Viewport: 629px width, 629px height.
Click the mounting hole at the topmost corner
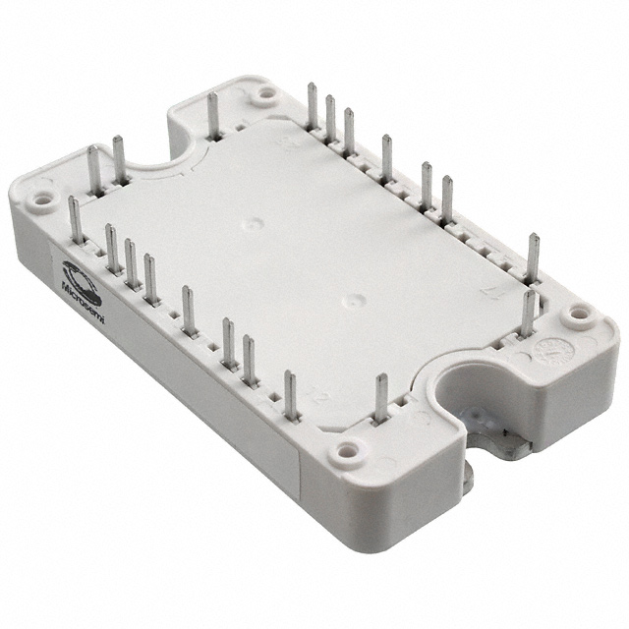click(264, 94)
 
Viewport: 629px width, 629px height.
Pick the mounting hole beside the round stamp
click(580, 314)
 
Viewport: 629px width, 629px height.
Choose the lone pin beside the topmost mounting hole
click(212, 115)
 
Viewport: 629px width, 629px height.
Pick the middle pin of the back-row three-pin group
click(330, 118)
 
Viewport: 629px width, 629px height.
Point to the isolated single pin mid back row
click(386, 156)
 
